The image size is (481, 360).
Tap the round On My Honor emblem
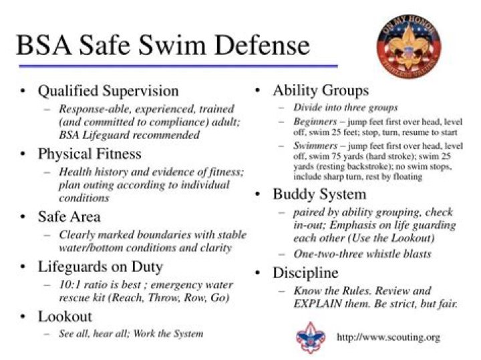pyautogui.click(x=409, y=46)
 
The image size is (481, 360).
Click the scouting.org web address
pyautogui.click(x=388, y=337)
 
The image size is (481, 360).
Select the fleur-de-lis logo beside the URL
pyautogui.click(x=311, y=337)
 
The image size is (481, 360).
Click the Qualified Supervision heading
pyautogui.click(x=108, y=91)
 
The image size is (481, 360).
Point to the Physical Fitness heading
pyautogui.click(x=90, y=154)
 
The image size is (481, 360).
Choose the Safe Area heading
pyautogui.click(x=69, y=216)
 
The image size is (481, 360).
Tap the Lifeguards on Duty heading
pyautogui.click(x=100, y=266)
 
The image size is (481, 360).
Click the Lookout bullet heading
pyautogui.click(x=65, y=317)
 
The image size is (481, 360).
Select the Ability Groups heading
pyautogui.click(x=321, y=90)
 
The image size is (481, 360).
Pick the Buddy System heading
pyautogui.click(x=319, y=194)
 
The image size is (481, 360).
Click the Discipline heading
pyautogui.click(x=305, y=273)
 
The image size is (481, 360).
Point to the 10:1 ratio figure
pyautogui.click(x=70, y=285)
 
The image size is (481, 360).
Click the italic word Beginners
pyautogui.click(x=315, y=122)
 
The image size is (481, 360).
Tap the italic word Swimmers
pyautogui.click(x=315, y=146)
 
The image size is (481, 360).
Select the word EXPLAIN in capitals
pyautogui.click(x=317, y=304)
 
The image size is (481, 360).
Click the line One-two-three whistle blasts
pyautogui.click(x=362, y=254)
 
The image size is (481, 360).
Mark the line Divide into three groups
pyautogui.click(x=345, y=108)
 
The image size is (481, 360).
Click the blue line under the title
pyautogui.click(x=178, y=65)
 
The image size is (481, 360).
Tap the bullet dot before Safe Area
pyautogui.click(x=23, y=216)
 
